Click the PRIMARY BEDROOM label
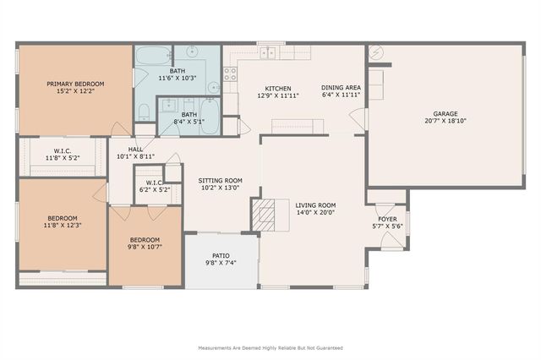click(75, 84)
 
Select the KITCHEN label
click(278, 89)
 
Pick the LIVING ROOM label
click(315, 205)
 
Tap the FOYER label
click(387, 219)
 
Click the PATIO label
click(220, 256)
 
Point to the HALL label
click(135, 149)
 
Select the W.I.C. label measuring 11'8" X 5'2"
click(63, 150)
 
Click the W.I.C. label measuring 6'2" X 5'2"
click(154, 183)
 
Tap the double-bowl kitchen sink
click(269, 53)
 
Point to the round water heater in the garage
click(376, 53)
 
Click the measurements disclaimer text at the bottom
click(270, 347)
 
